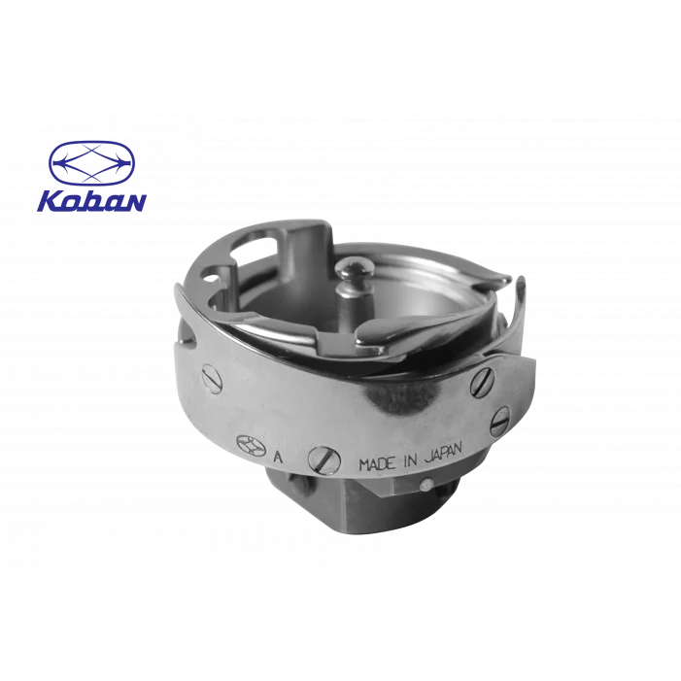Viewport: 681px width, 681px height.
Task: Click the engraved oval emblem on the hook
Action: coord(251,446)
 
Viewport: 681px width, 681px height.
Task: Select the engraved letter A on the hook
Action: coord(278,458)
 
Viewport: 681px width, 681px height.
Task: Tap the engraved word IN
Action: coord(410,460)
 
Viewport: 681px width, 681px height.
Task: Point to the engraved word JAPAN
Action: coord(444,454)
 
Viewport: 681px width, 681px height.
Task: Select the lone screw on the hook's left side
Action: coord(212,379)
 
